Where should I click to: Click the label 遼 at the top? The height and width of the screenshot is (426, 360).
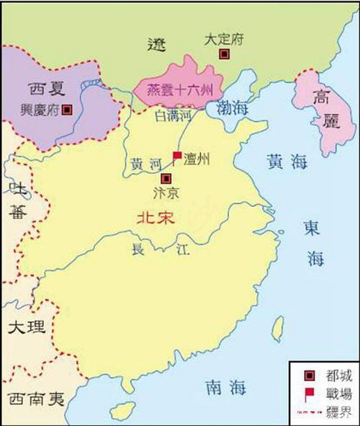pos(157,44)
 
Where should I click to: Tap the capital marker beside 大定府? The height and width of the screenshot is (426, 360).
pos(225,54)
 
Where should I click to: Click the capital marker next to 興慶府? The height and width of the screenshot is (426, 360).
pos(67,110)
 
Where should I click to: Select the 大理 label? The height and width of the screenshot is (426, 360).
pos(27,327)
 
